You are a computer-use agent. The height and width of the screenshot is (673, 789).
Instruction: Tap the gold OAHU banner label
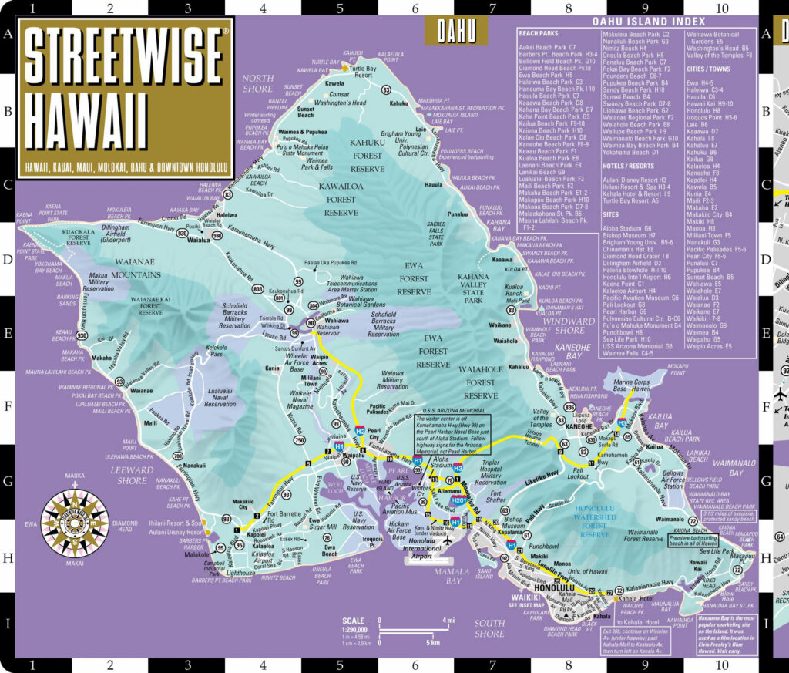(456, 32)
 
